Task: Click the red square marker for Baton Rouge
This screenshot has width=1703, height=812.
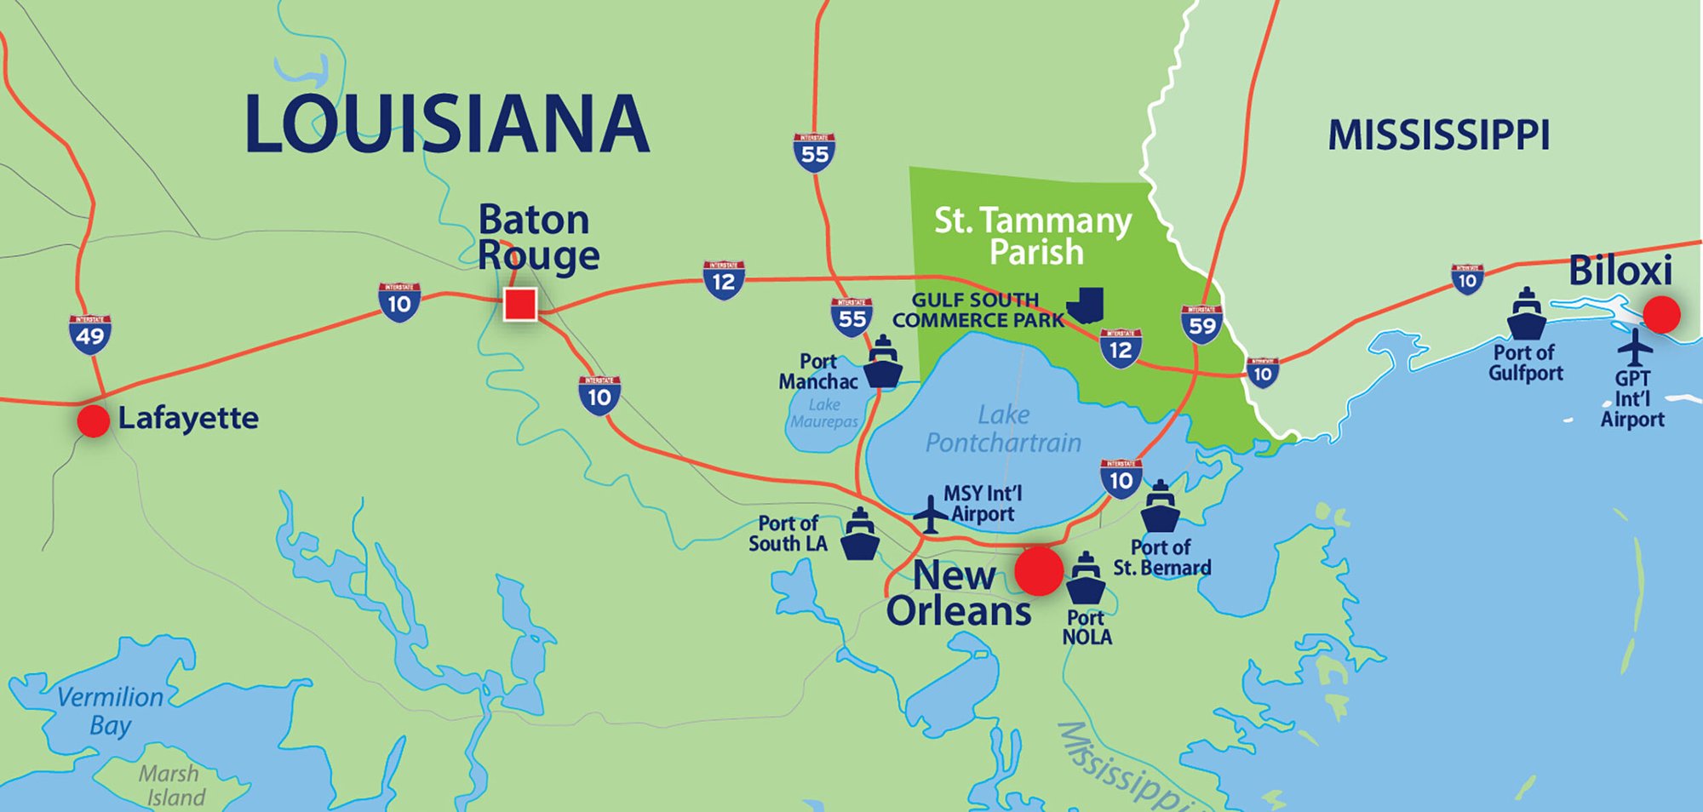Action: pyautogui.click(x=520, y=304)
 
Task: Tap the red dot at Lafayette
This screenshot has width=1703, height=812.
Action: pyautogui.click(x=93, y=420)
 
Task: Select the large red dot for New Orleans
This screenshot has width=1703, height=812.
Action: pyautogui.click(x=1039, y=570)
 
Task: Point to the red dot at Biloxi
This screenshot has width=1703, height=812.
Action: pyautogui.click(x=1661, y=314)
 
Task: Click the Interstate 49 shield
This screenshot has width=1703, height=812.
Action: pyautogui.click(x=90, y=334)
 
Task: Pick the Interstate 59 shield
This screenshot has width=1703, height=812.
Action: pyautogui.click(x=1201, y=323)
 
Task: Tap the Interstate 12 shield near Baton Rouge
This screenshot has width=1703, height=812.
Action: pyautogui.click(x=724, y=280)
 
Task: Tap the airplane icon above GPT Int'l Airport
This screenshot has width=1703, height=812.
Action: pyautogui.click(x=1634, y=347)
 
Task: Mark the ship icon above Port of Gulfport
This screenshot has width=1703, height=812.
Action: pyautogui.click(x=1526, y=314)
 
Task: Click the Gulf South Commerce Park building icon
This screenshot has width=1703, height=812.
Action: pyautogui.click(x=1086, y=306)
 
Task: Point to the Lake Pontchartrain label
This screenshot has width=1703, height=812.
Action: pyautogui.click(x=1003, y=429)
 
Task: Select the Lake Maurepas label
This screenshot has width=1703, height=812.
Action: pyautogui.click(x=823, y=413)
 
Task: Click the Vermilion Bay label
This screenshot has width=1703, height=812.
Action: pyautogui.click(x=109, y=711)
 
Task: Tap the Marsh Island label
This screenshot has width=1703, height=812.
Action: pyautogui.click(x=173, y=785)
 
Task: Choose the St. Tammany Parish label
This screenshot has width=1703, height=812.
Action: pyautogui.click(x=1034, y=236)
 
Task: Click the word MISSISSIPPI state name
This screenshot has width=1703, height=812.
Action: pyautogui.click(x=1438, y=135)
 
